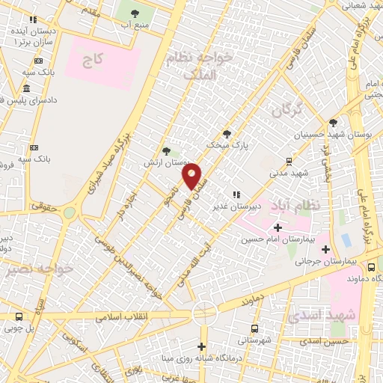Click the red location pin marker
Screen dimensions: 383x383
click(192, 177)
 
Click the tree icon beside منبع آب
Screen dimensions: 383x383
click(135, 13)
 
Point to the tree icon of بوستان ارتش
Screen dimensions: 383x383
click(166, 150)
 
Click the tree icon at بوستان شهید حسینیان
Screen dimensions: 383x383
click(333, 123)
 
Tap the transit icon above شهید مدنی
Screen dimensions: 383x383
click(289, 161)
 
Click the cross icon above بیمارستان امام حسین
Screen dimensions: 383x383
click(278, 227)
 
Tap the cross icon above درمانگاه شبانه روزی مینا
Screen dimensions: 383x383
click(201, 346)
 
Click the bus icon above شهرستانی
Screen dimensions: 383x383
click(255, 328)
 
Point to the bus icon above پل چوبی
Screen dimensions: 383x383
click(18, 316)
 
